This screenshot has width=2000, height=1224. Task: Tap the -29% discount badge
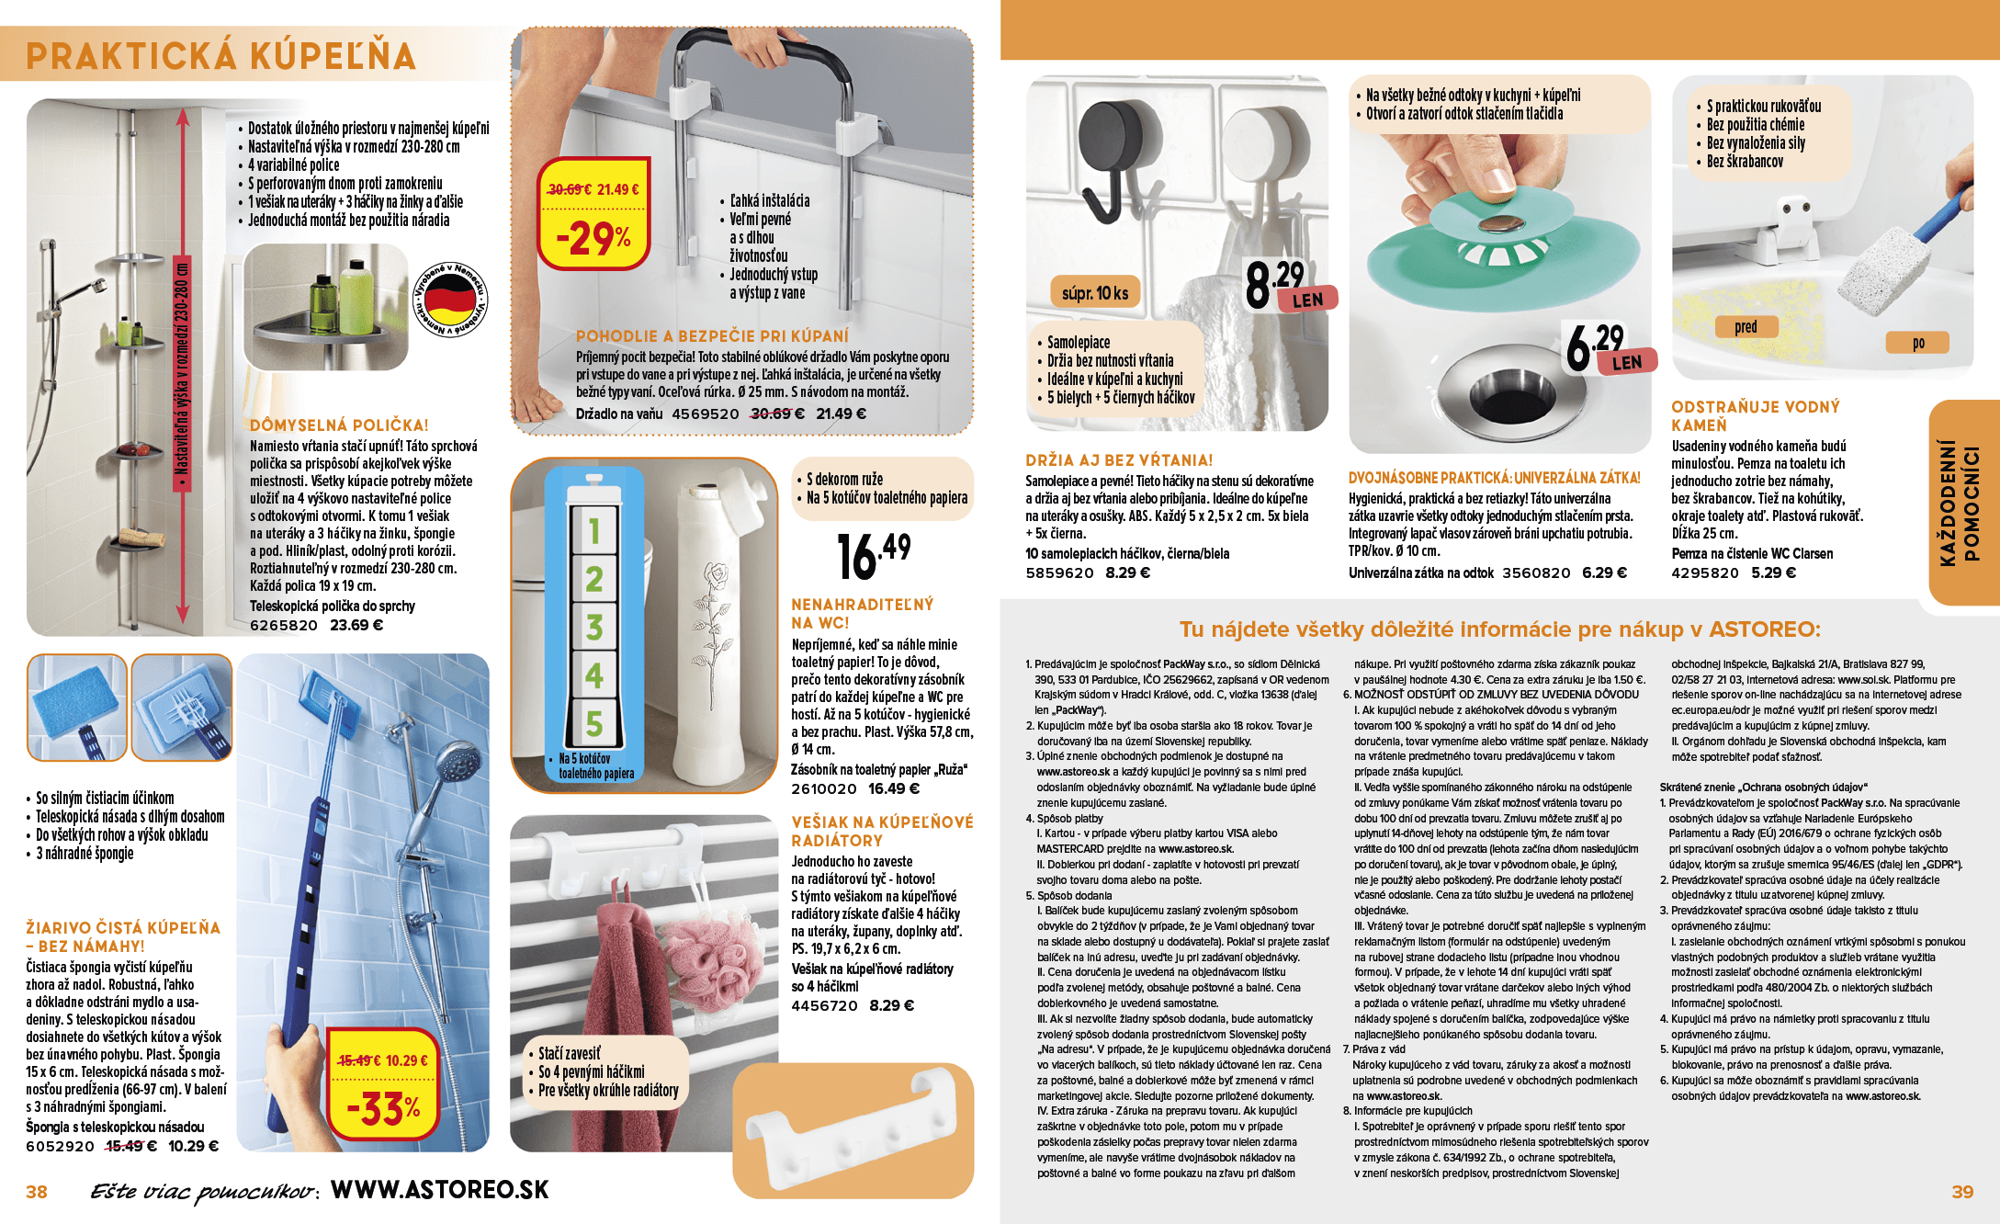pyautogui.click(x=594, y=237)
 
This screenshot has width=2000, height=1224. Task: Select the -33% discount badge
pyautogui.click(x=383, y=1107)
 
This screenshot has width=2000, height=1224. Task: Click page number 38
pyautogui.click(x=37, y=1192)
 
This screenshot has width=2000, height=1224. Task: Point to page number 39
pyautogui.click(x=1961, y=1192)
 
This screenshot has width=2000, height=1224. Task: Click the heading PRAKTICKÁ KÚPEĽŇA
pyautogui.click(x=220, y=56)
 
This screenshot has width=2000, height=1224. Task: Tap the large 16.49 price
pyautogui.click(x=873, y=555)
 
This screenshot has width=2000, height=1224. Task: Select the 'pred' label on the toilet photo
pyautogui.click(x=1746, y=326)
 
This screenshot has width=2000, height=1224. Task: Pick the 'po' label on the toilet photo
pyautogui.click(x=1917, y=343)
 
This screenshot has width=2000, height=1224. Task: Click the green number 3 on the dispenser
pyautogui.click(x=593, y=627)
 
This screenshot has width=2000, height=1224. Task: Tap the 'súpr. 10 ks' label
pyautogui.click(x=1094, y=293)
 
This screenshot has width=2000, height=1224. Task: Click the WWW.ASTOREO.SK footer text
pyautogui.click(x=439, y=1190)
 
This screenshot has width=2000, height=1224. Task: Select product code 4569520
pyautogui.click(x=705, y=414)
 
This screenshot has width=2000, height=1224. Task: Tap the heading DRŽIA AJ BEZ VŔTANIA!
pyautogui.click(x=1118, y=460)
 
